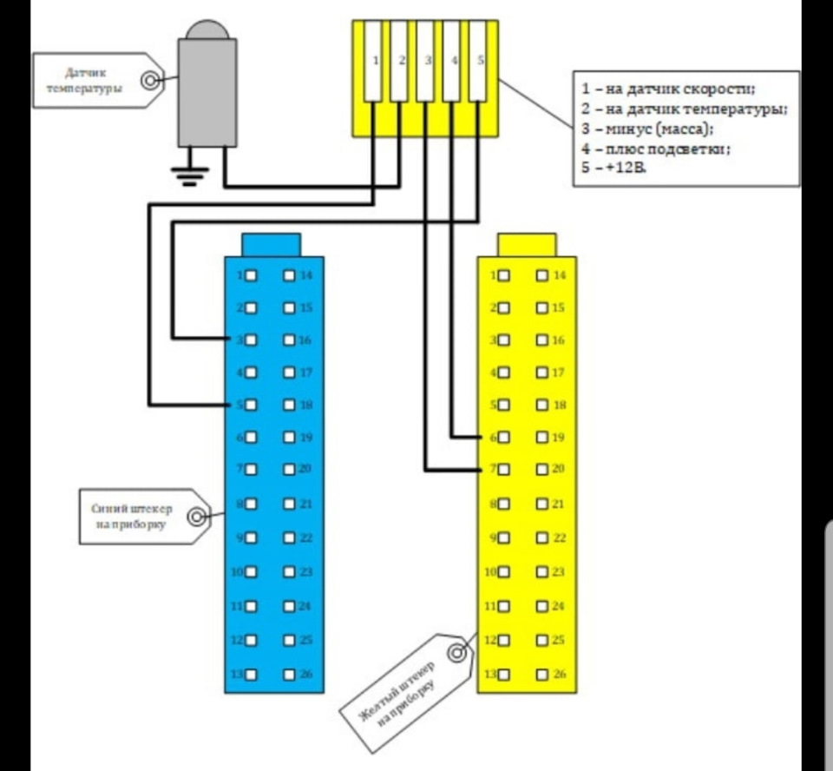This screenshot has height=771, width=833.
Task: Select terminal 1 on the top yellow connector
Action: [373, 61]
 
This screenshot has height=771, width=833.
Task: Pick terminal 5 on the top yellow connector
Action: [477, 61]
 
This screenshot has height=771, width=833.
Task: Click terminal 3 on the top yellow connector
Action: [425, 61]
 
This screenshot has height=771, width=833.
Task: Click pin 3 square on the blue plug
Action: [251, 339]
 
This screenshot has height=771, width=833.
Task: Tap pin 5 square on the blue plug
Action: [251, 405]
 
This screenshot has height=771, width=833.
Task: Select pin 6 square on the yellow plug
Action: [503, 438]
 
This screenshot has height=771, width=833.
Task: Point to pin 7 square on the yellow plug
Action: [503, 470]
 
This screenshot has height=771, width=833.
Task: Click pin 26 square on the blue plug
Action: [289, 675]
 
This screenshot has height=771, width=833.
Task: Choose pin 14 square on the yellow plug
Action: [542, 275]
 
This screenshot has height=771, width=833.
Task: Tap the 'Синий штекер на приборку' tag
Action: [139, 517]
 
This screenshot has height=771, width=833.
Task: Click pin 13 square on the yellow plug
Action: [503, 675]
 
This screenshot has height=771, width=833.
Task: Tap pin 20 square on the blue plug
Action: [289, 470]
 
